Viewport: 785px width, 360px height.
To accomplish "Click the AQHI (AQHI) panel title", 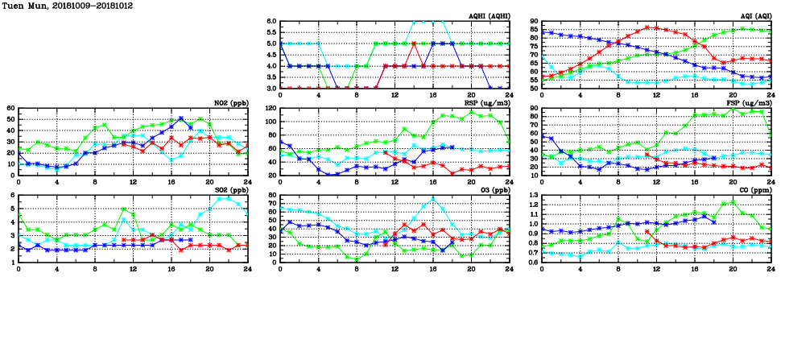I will (488, 15).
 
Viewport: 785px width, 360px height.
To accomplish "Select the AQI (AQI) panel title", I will (754, 15).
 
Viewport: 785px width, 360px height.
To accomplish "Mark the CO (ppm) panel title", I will (754, 191).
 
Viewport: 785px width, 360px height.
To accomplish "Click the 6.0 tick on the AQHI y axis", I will (271, 22).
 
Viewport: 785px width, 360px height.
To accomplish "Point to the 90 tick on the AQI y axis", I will (533, 22).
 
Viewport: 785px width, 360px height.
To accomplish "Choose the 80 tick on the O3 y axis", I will (271, 196).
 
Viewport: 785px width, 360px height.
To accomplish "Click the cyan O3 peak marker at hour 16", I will (433, 199).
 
